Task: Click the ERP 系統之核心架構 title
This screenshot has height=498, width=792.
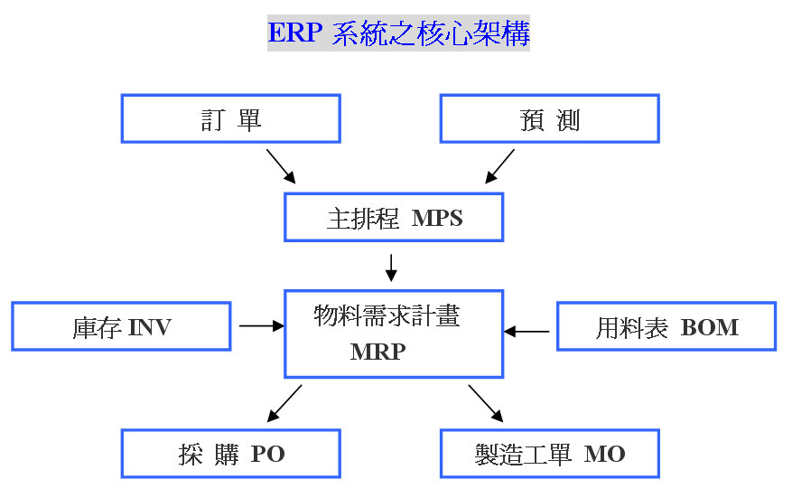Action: [398, 33]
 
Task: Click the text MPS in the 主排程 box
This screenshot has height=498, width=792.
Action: [437, 219]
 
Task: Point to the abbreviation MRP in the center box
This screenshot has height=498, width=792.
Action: [377, 352]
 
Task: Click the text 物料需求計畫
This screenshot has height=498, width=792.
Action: [387, 316]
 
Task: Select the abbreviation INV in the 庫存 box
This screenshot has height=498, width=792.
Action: [150, 327]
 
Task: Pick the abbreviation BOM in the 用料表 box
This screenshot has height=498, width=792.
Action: [710, 327]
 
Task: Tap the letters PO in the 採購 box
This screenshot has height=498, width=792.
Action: [267, 454]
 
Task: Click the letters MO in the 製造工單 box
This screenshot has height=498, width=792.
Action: [604, 454]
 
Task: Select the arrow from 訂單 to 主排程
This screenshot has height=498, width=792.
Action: [281, 166]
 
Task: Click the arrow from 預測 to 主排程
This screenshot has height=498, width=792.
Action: [499, 166]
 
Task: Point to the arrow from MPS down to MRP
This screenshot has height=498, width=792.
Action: [391, 268]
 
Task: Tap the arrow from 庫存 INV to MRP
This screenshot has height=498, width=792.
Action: [262, 326]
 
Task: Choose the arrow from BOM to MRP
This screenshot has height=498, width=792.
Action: [526, 332]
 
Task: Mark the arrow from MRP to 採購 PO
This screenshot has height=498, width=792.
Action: [284, 403]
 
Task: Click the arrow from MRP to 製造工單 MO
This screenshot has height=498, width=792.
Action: [486, 403]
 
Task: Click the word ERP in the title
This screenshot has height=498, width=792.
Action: [295, 33]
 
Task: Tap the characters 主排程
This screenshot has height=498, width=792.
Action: [363, 219]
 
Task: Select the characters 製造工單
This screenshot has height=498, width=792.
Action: [523, 454]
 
